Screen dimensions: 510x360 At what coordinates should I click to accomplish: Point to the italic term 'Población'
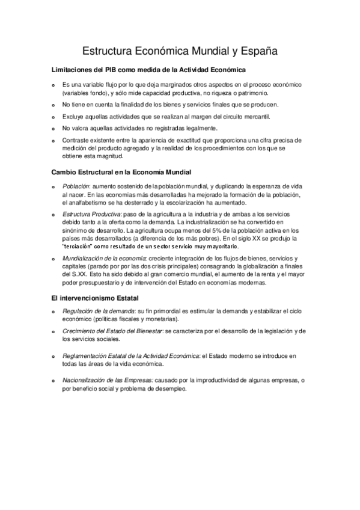(x=76, y=187)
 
